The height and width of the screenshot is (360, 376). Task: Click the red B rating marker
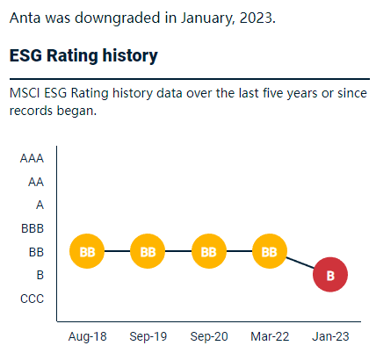coord(330,275)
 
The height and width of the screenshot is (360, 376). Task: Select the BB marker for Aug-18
coord(87,251)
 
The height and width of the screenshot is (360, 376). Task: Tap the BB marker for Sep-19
coord(148,251)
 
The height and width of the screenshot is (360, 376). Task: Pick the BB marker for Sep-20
coord(209,251)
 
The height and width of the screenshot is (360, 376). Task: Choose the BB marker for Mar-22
coord(270,251)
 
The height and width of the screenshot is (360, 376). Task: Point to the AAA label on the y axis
coord(32,159)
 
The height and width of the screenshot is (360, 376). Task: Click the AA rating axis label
coord(36,182)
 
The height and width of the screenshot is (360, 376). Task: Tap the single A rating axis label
coord(40,205)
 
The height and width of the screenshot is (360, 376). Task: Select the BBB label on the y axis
coord(33,228)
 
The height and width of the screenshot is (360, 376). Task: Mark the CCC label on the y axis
coord(32,299)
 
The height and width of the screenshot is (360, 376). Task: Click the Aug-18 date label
coord(87,337)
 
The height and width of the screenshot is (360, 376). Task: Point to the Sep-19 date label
coord(148,337)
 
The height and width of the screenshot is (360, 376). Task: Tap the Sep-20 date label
coord(209,337)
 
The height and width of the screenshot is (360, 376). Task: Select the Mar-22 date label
coord(270,337)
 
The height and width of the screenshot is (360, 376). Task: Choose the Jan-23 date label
coord(330,337)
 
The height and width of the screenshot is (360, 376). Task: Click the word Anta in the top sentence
coord(25,18)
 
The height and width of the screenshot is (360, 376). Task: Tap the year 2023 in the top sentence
coord(256,18)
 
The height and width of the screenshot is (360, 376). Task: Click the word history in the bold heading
coord(130,55)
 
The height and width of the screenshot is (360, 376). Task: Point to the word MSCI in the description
coord(25,93)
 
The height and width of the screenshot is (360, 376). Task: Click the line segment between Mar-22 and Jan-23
coord(300,263)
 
